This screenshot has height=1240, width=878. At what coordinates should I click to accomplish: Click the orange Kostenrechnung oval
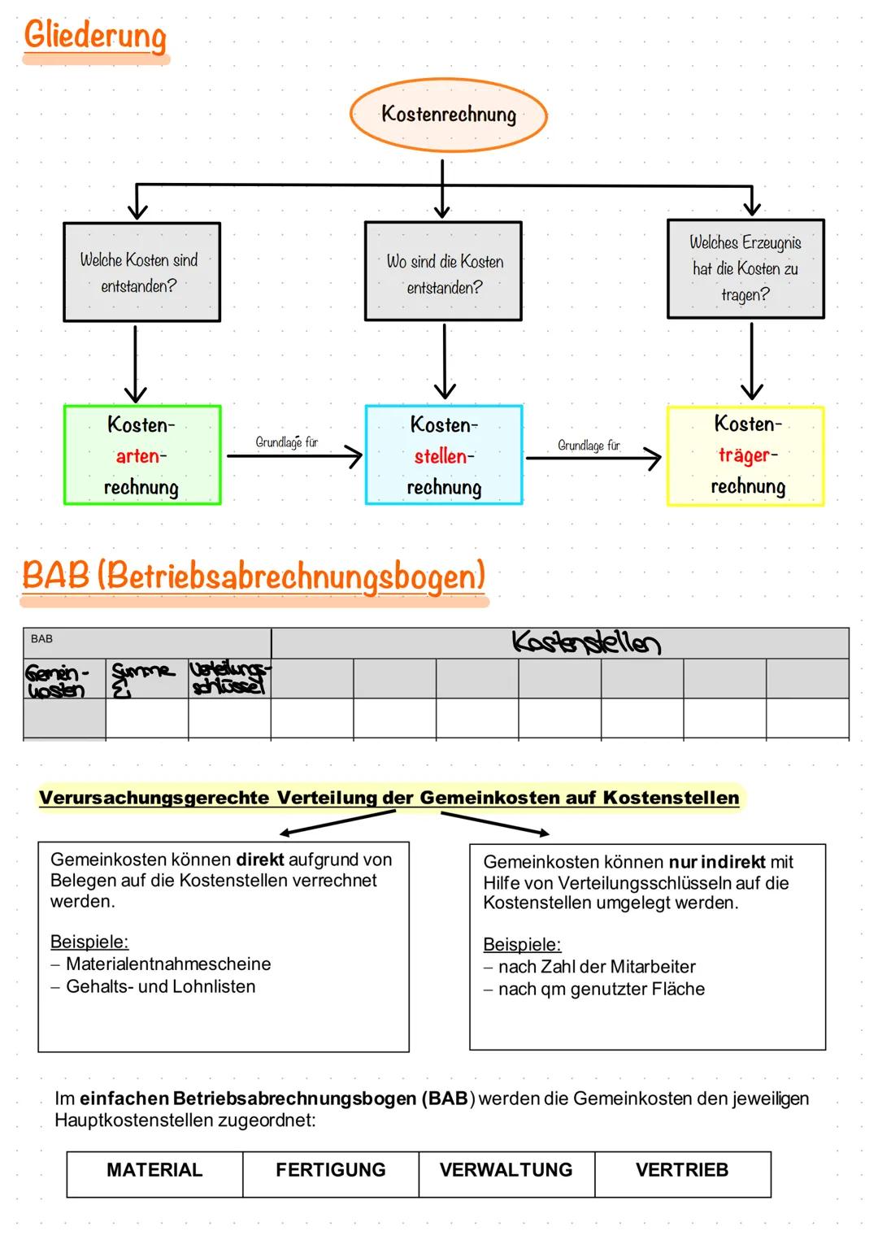point(448,115)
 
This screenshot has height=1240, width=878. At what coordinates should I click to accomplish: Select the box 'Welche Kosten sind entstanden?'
point(141,272)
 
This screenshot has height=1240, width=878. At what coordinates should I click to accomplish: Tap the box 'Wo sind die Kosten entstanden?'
point(443,272)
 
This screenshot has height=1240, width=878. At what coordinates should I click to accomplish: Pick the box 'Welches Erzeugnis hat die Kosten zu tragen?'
point(745,268)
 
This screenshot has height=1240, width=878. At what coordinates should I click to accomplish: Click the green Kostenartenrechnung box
point(141,455)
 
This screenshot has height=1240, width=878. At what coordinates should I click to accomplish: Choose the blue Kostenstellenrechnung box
point(444,455)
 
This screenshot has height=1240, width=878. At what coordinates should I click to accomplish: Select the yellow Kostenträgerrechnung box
point(745,455)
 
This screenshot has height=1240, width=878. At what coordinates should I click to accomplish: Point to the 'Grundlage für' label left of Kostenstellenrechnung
point(286,442)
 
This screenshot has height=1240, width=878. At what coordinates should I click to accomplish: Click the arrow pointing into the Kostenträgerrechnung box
point(593,459)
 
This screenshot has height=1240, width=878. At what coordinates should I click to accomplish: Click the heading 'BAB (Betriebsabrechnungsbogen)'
point(254,576)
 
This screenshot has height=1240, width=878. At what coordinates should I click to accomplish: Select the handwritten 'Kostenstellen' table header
point(585,642)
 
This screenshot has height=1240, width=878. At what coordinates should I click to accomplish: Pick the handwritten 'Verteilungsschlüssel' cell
point(228,678)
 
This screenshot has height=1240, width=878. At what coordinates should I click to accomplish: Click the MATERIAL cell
point(154,1170)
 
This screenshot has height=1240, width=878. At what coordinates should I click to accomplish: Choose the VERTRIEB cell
point(682,1170)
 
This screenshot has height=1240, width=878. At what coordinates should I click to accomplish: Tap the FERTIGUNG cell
point(330,1170)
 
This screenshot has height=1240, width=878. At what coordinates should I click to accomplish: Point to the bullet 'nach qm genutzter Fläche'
point(601,990)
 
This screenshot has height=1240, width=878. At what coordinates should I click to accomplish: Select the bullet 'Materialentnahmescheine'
point(168,964)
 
